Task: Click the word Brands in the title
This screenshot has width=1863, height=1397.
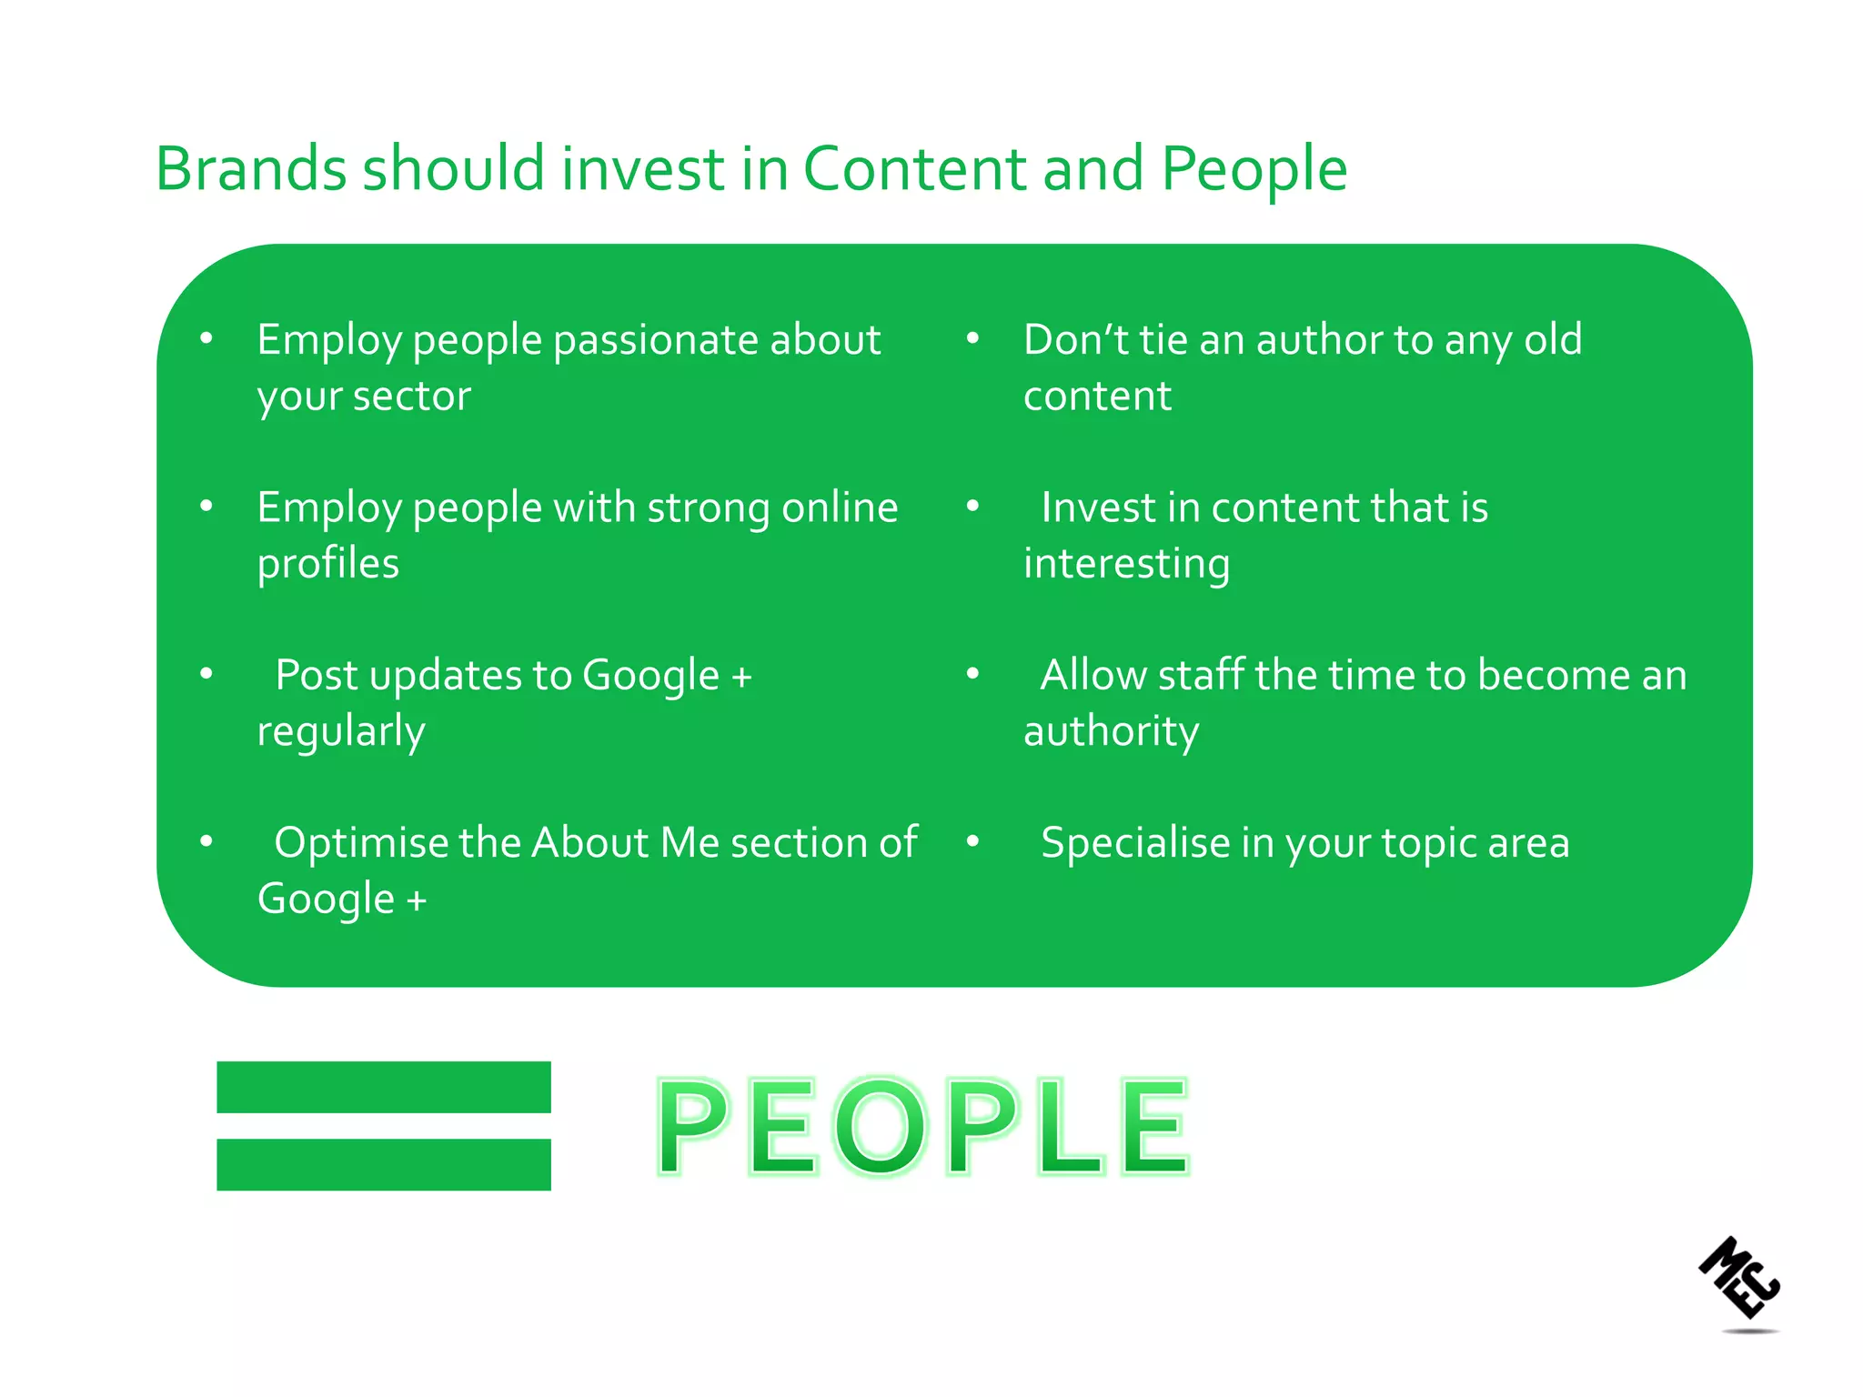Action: pos(251,169)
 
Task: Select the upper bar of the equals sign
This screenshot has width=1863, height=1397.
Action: pos(383,1087)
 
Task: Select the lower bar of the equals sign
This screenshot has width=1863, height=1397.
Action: pos(383,1164)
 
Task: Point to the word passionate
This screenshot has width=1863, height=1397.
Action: pos(655,341)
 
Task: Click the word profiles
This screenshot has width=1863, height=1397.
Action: pos(327,564)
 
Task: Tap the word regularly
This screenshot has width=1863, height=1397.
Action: pos(340,732)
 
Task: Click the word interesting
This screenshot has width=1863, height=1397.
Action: pos(1126,564)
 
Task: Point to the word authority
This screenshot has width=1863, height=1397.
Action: pos(1111,732)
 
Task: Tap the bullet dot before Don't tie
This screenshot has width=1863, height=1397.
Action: pos(972,339)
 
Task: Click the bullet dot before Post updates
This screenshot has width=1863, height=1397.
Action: pos(206,674)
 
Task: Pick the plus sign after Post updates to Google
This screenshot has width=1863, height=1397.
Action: pos(741,678)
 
